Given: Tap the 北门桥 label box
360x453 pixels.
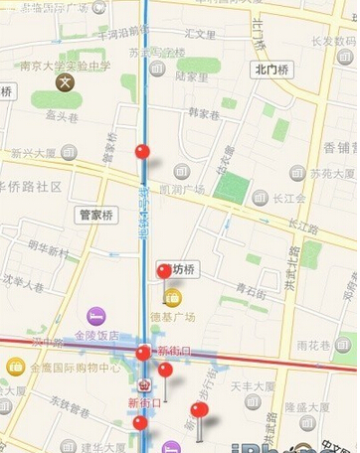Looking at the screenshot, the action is pyautogui.click(x=270, y=70).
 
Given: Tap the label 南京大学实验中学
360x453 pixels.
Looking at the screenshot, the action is pyautogui.click(x=66, y=67).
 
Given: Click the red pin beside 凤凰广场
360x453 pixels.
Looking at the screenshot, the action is pyautogui.click(x=142, y=152).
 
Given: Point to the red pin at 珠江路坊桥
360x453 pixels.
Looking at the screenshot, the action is pyautogui.click(x=164, y=271).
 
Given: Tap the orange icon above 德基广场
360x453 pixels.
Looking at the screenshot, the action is pyautogui.click(x=173, y=296).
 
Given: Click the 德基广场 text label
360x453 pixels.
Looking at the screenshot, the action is pyautogui.click(x=173, y=317).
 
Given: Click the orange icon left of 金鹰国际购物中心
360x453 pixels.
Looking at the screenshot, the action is pyautogui.click(x=16, y=367).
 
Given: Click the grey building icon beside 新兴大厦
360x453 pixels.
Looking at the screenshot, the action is pyautogui.click(x=68, y=152).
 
